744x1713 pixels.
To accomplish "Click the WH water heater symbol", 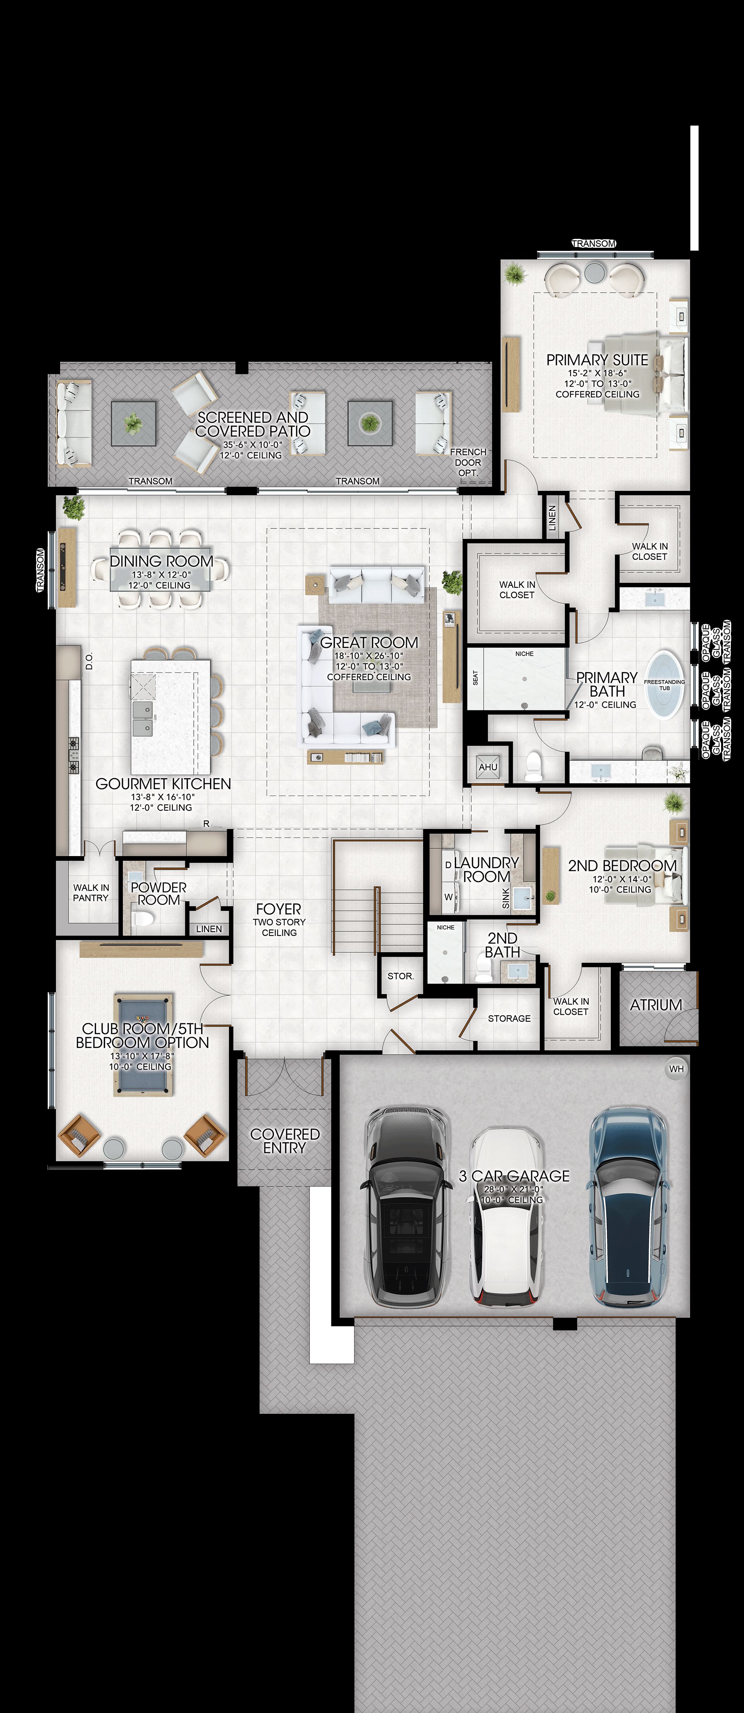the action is pyautogui.click(x=676, y=1069).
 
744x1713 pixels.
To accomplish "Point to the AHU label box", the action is pyautogui.click(x=487, y=767).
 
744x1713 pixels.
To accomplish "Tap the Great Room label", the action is pyautogui.click(x=369, y=642).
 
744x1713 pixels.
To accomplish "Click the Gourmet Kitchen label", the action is pyautogui.click(x=163, y=784).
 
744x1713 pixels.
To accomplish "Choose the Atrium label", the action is pyautogui.click(x=656, y=1005).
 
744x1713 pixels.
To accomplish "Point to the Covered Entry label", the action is pyautogui.click(x=284, y=1140).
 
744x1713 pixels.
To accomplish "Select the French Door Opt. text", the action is pyautogui.click(x=468, y=462).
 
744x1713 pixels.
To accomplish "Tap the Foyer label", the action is pyautogui.click(x=279, y=909).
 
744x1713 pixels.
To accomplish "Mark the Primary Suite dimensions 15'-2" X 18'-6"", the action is pyautogui.click(x=597, y=373).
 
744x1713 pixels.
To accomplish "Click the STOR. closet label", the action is pyautogui.click(x=400, y=976).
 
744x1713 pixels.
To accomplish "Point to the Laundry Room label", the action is pyautogui.click(x=486, y=869).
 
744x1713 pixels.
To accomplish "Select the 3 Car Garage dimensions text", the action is pyautogui.click(x=513, y=1189).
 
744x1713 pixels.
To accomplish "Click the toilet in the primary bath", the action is pyautogui.click(x=534, y=766).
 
